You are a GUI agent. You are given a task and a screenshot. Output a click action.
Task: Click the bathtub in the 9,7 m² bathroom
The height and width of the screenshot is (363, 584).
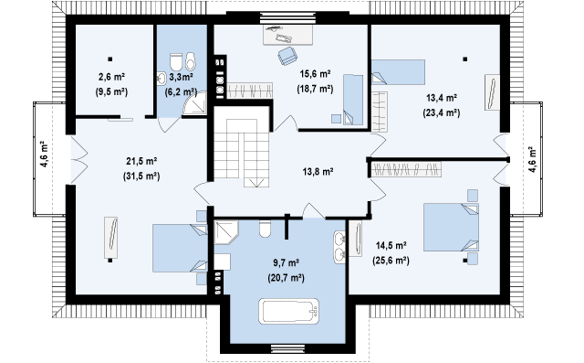coord(289,311)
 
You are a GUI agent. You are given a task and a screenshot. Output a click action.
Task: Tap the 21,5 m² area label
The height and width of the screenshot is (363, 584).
coord(141,162)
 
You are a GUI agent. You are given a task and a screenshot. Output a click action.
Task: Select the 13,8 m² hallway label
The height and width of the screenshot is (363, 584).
coord(318,172)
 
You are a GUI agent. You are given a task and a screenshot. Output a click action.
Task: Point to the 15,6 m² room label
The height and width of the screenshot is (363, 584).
coord(315,74)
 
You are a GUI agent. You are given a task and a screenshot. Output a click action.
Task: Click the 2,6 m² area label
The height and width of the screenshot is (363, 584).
coord(111,77)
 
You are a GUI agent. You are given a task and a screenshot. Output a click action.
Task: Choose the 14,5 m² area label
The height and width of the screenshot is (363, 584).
coord(391,245)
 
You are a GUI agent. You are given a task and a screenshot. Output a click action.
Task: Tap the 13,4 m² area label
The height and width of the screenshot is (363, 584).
coord(442,98)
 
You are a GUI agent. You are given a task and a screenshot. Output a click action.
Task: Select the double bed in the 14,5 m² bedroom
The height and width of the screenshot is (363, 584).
coord(451,227)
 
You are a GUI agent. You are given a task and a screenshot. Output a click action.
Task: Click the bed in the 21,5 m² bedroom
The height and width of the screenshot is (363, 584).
coord(180,248)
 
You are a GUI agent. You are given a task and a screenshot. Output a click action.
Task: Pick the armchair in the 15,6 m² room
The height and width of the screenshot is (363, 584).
coord(287,56)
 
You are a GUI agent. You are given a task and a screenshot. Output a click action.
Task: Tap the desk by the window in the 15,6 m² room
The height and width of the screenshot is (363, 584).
coord(287,35)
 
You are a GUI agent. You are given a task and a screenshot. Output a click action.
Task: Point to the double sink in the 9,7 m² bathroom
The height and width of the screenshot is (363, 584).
coord(339,247)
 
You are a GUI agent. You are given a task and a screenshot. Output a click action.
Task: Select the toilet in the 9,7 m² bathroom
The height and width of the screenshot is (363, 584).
coord(265,229)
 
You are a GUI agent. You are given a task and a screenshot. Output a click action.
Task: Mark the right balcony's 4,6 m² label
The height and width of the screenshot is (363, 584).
coord(533,159)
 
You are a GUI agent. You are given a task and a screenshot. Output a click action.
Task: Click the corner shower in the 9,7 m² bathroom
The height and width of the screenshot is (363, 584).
coord(226,232)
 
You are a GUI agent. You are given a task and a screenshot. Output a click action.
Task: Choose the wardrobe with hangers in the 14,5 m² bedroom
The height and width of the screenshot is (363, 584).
coord(406,169)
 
